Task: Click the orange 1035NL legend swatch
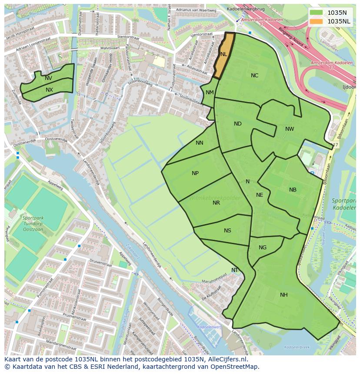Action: (x=317, y=21)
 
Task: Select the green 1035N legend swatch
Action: (x=317, y=13)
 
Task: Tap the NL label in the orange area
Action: (x=223, y=54)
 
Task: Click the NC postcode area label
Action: (x=254, y=76)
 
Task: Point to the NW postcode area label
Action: (x=290, y=129)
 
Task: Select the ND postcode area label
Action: (x=237, y=124)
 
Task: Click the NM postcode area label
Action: (x=210, y=93)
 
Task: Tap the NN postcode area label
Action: (x=199, y=143)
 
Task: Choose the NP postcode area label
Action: (x=195, y=173)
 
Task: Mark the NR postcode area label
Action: (x=216, y=203)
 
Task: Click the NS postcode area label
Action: (x=227, y=231)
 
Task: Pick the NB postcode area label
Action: (x=293, y=190)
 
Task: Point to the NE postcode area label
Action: (x=260, y=195)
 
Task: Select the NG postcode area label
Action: (x=263, y=248)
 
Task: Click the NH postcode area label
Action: (x=283, y=295)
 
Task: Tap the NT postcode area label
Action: (x=235, y=270)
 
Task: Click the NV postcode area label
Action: (x=48, y=78)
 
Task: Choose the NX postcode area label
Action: (x=49, y=90)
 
